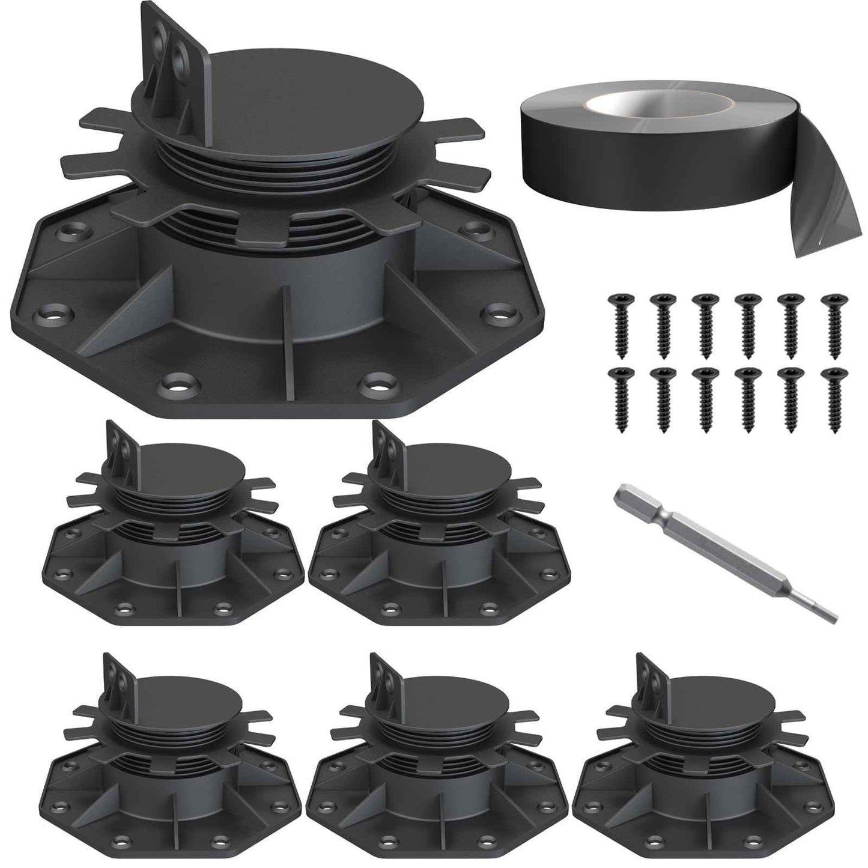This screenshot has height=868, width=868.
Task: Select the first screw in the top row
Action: tap(619, 317)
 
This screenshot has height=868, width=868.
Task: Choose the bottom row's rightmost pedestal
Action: tap(703, 757)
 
